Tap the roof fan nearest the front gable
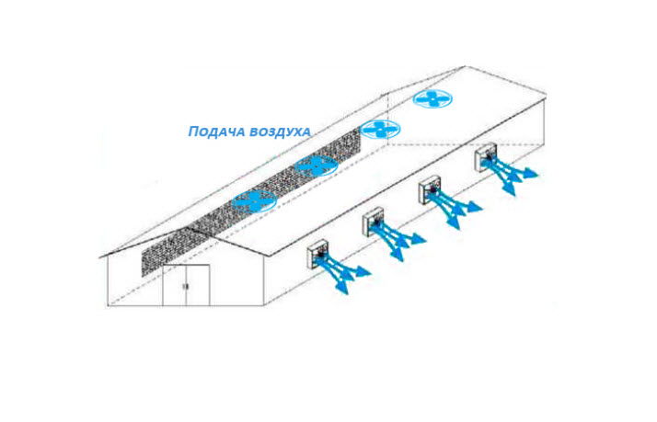(254, 200)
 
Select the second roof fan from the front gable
(316, 165)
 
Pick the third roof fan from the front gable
(380, 130)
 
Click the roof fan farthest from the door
(432, 98)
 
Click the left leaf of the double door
(175, 286)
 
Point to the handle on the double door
(186, 287)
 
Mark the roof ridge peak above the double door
(190, 227)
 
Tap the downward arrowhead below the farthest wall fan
(510, 190)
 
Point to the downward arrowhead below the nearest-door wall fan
(342, 291)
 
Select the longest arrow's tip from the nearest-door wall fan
(369, 272)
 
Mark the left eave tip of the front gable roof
(100, 257)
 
